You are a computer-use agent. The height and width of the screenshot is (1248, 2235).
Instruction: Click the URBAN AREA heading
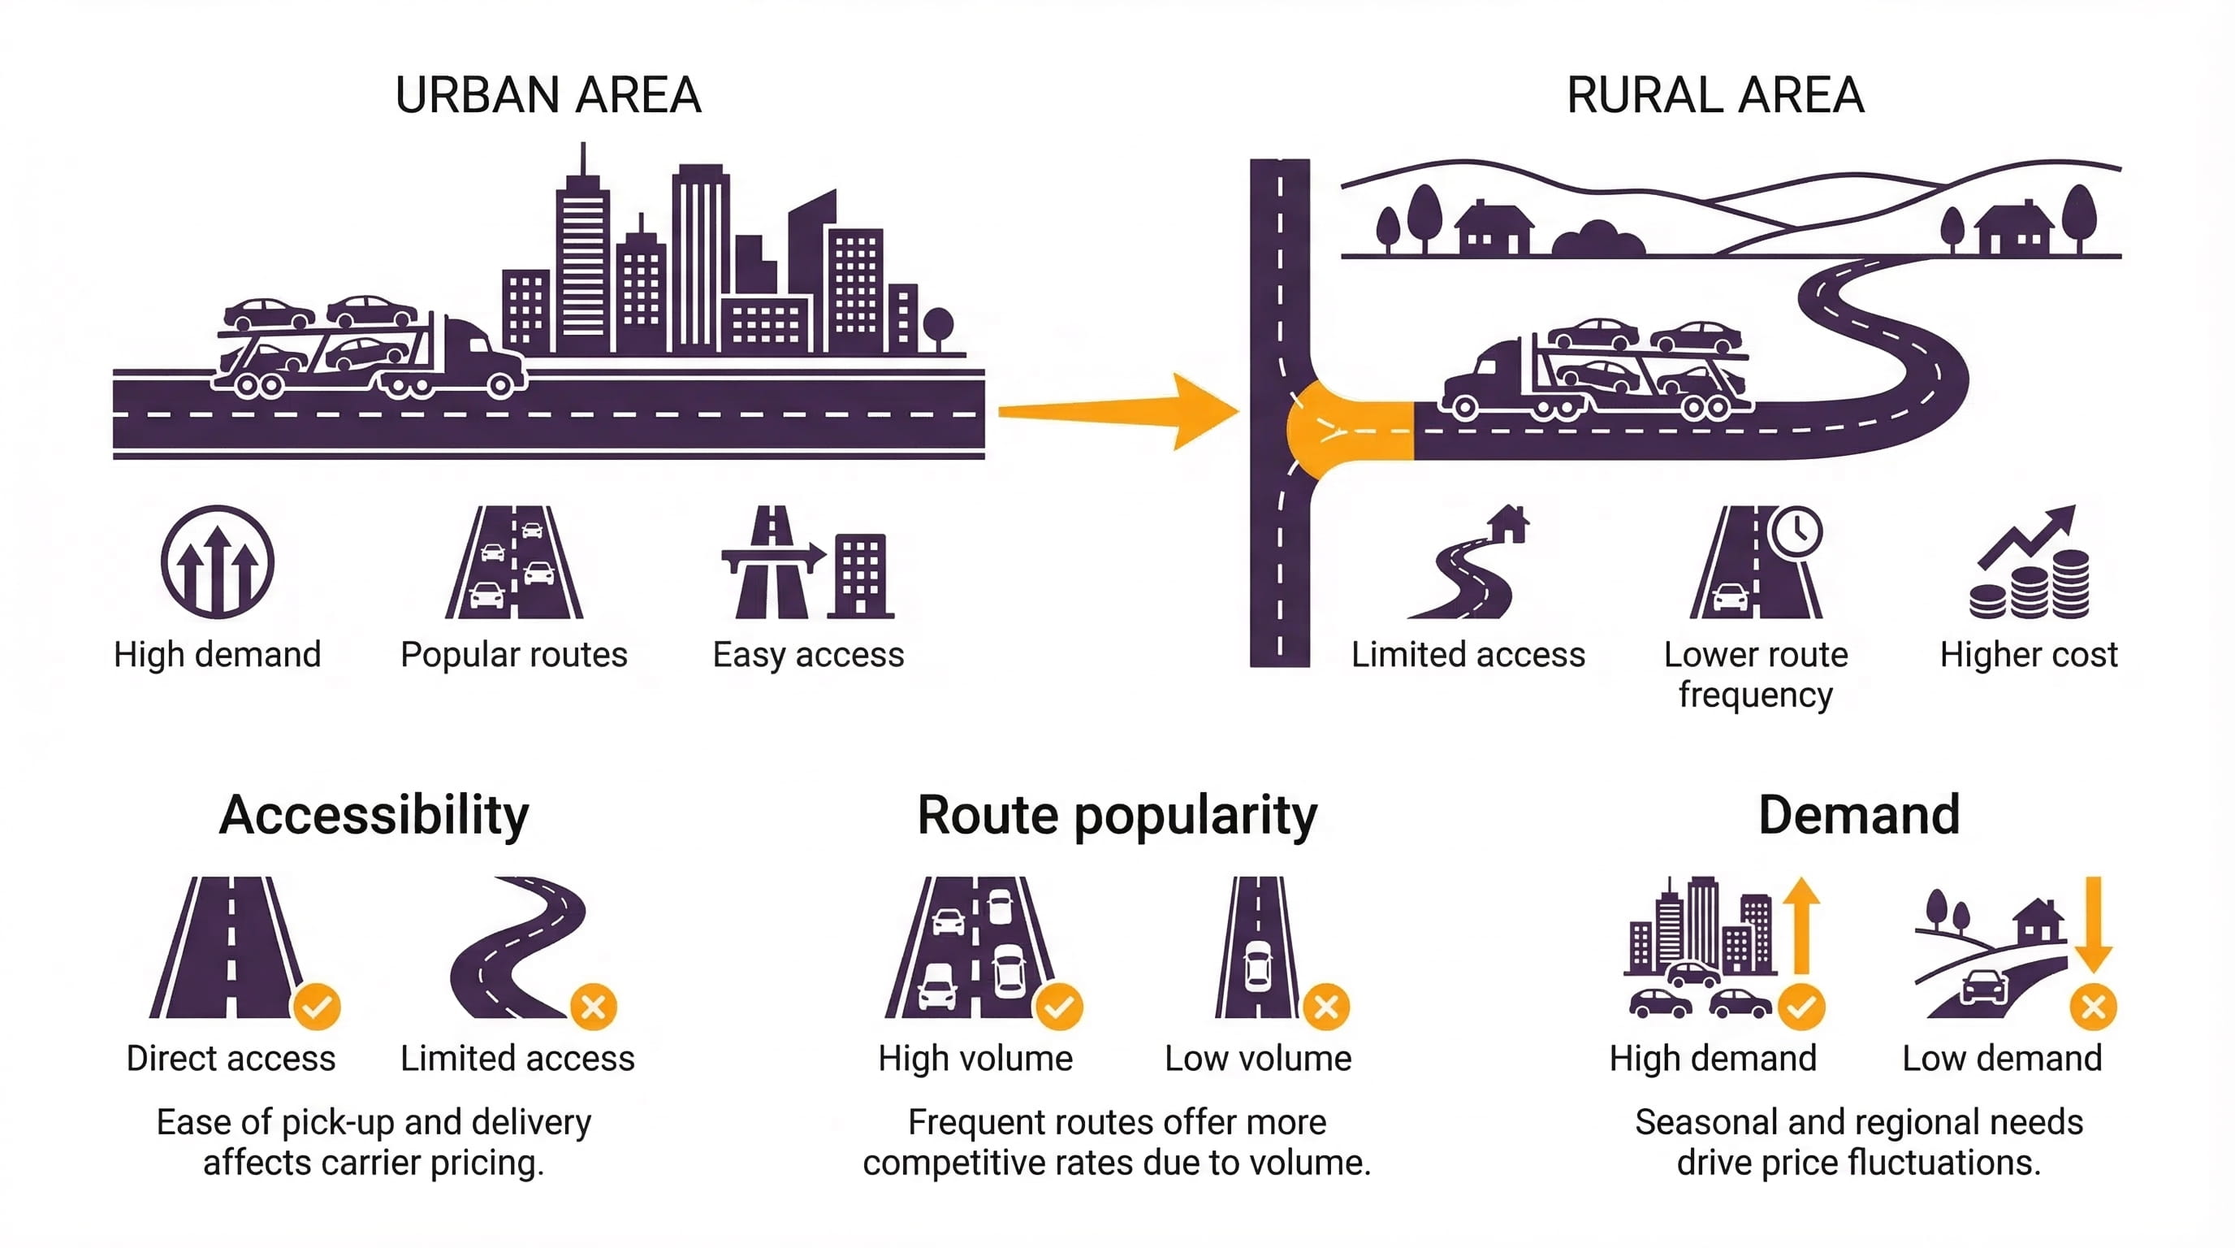click(547, 94)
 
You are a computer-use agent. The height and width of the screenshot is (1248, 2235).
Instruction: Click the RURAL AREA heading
click(1715, 94)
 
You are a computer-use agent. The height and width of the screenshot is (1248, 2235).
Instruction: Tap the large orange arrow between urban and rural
click(1119, 411)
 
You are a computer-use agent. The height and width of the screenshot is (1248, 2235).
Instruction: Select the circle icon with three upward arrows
click(217, 561)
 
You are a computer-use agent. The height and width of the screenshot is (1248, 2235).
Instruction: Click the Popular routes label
click(513, 654)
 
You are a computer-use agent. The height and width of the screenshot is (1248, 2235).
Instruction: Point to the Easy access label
click(808, 654)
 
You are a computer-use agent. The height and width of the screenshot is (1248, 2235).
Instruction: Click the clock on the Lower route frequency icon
click(1795, 531)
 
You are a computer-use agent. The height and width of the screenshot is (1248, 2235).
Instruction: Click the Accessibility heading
click(374, 815)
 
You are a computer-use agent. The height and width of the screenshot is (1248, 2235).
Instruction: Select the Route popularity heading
click(1117, 815)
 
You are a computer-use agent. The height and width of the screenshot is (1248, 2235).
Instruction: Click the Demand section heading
click(1858, 815)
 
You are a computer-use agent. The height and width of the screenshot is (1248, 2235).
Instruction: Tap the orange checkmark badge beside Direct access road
click(317, 1007)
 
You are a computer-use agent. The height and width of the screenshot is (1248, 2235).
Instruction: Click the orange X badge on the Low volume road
click(1325, 1007)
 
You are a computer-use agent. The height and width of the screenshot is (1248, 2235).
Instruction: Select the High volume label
click(975, 1059)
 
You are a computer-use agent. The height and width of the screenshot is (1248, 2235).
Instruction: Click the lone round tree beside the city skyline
click(938, 324)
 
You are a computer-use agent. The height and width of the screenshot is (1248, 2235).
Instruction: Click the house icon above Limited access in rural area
click(1508, 523)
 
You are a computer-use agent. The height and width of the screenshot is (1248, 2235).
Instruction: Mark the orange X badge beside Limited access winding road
click(594, 1007)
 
